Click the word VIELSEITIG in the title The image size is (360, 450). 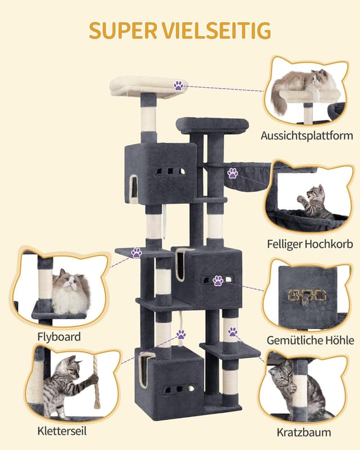click(x=216, y=30)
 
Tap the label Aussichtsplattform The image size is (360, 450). click(x=307, y=136)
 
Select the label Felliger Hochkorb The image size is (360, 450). click(x=310, y=244)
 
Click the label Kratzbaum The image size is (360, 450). click(x=304, y=432)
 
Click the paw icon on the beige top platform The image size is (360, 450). click(x=178, y=85)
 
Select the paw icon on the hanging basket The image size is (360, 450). click(x=233, y=173)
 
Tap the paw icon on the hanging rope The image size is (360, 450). click(x=181, y=335)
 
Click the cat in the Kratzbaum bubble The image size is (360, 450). click(x=290, y=389)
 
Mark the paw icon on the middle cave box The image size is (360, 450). click(x=218, y=280)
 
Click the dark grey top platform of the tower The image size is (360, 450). click(x=212, y=125)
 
